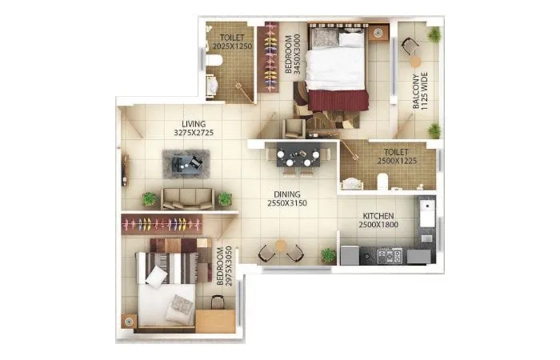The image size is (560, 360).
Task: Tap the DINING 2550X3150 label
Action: (x=287, y=198)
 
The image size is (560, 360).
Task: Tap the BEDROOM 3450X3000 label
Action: (x=292, y=54)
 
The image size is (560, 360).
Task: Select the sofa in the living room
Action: (x=187, y=198)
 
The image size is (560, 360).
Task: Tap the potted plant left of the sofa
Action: (x=149, y=198)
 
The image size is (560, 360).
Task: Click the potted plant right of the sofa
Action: (x=225, y=198)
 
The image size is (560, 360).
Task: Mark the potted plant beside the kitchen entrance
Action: (x=328, y=255)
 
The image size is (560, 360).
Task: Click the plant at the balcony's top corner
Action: (x=434, y=34)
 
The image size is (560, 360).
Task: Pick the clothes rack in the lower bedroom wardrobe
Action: (x=168, y=223)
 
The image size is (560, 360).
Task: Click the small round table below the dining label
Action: (x=280, y=247)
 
